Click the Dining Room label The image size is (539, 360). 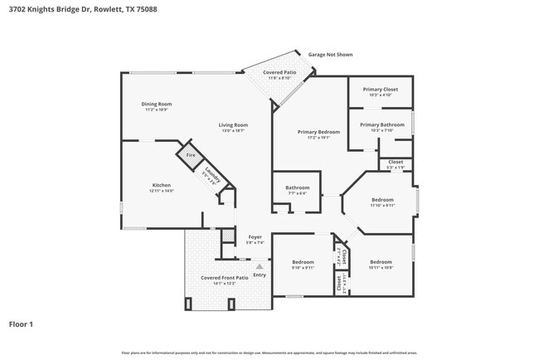pyautogui.click(x=157, y=104)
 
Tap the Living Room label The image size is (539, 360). pyautogui.click(x=234, y=125)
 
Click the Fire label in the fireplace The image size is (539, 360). pyautogui.click(x=190, y=155)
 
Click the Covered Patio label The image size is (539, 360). pyautogui.click(x=279, y=73)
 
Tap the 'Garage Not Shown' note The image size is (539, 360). pyautogui.click(x=330, y=55)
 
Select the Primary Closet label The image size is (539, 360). pyautogui.click(x=380, y=89)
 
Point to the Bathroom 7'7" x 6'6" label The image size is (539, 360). pyautogui.click(x=297, y=193)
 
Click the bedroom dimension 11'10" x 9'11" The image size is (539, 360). pyautogui.click(x=382, y=205)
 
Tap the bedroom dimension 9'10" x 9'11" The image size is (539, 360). pyautogui.click(x=303, y=268)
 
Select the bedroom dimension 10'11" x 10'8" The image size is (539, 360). pyautogui.click(x=381, y=268)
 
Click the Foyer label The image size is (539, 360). pyautogui.click(x=255, y=237)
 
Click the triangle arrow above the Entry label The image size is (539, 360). pyautogui.click(x=258, y=266)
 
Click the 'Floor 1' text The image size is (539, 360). pyautogui.click(x=22, y=324)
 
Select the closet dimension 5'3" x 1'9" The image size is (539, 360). pyautogui.click(x=396, y=168)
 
